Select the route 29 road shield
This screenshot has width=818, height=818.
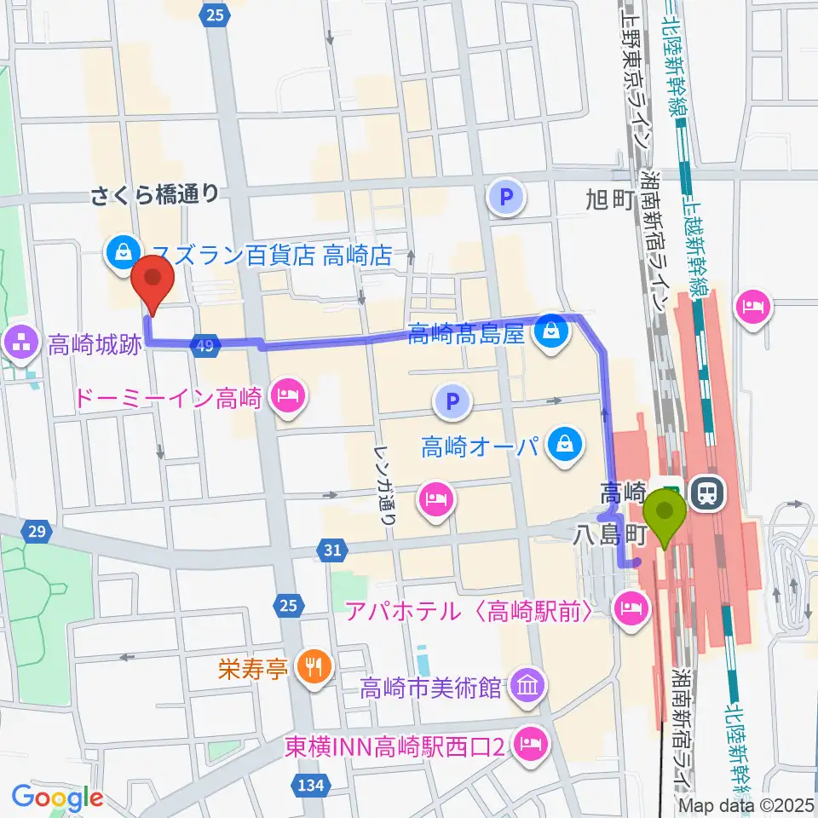pyautogui.click(x=36, y=532)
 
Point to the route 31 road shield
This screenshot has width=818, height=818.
pyautogui.click(x=332, y=551)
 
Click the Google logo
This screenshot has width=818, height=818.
pyautogui.click(x=57, y=798)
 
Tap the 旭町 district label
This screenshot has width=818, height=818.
pyautogui.click(x=607, y=200)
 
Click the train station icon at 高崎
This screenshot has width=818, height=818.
pyautogui.click(x=707, y=493)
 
